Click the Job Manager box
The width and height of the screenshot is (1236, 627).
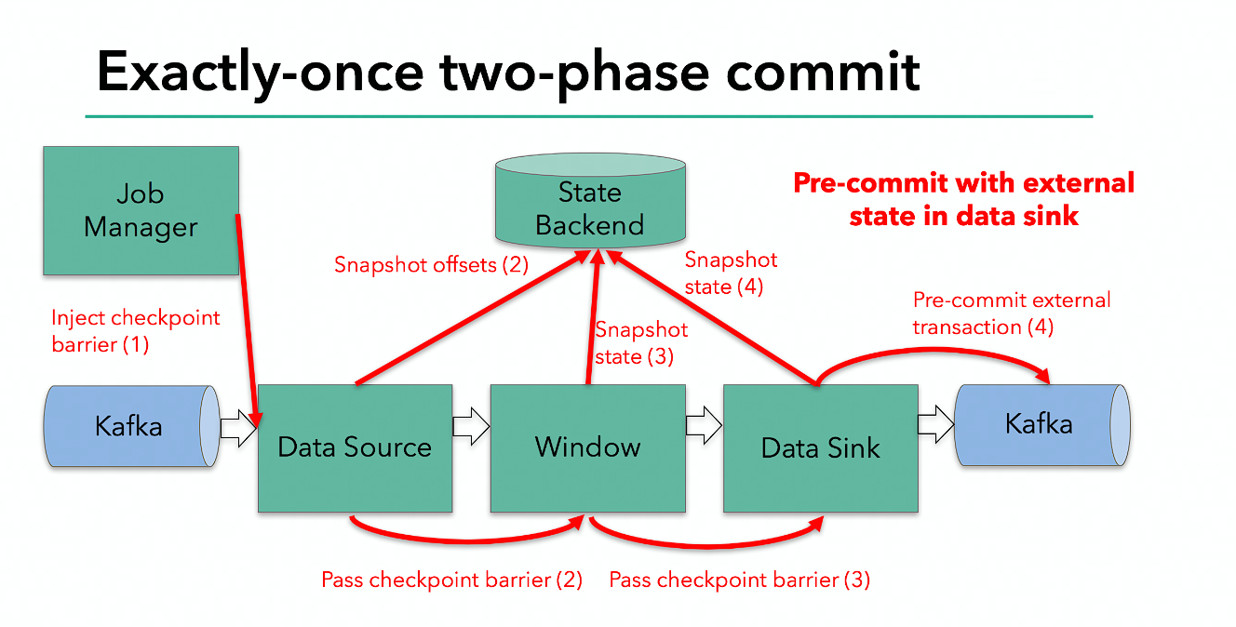[x=141, y=210]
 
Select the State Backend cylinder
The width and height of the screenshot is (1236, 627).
[x=590, y=200]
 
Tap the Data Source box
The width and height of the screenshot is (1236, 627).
[x=356, y=448]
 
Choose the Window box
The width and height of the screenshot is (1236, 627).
[x=588, y=448]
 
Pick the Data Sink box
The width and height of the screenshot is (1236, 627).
[x=821, y=448]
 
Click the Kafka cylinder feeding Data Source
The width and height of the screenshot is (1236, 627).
[x=132, y=426]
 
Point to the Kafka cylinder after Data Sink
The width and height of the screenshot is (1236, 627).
[x=1042, y=425]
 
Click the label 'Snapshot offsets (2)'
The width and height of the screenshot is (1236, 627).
[x=432, y=265]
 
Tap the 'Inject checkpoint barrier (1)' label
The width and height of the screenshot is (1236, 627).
[x=136, y=331]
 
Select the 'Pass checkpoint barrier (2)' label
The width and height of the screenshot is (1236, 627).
[x=452, y=580]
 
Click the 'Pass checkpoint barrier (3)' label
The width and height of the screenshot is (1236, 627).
[x=740, y=580]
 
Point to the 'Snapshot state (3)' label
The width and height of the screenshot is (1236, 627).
[x=641, y=343]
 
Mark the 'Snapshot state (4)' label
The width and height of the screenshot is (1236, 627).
[x=731, y=273]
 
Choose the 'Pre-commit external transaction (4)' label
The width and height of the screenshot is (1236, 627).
[x=1012, y=313]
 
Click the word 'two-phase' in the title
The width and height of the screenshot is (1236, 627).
[x=574, y=73]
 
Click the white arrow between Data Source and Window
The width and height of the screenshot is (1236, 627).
[x=471, y=426]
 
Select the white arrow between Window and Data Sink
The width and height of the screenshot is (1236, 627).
[x=704, y=426]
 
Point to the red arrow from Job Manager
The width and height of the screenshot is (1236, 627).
[x=248, y=320]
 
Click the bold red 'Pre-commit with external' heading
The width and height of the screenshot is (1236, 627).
[x=964, y=183]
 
